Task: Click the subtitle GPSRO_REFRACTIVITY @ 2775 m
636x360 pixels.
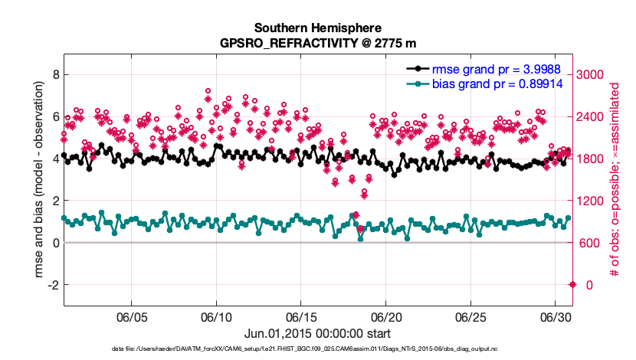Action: [316, 44]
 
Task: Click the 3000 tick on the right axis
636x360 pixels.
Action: [592, 74]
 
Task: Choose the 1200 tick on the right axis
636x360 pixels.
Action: [592, 201]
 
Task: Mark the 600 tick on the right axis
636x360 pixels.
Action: [589, 243]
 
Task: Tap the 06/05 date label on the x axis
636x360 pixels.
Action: [132, 316]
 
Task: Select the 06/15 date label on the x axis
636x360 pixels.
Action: [301, 316]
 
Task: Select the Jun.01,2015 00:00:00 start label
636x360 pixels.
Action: [316, 334]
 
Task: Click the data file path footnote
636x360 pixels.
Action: [316, 349]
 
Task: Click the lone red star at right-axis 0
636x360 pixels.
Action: [572, 285]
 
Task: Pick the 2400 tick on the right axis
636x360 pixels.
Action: [592, 116]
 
